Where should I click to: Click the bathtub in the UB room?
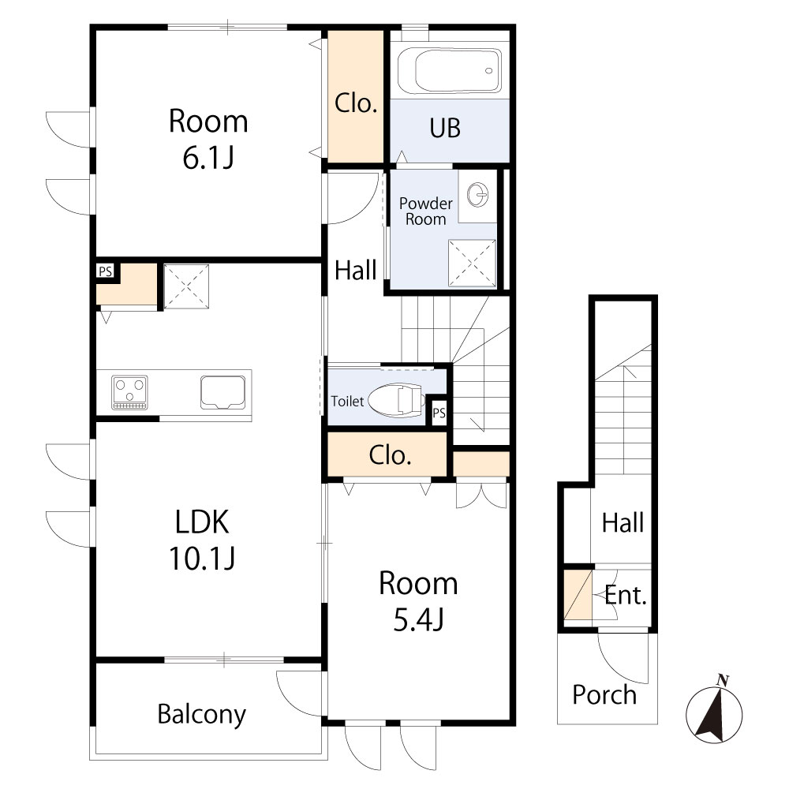pos(450,70)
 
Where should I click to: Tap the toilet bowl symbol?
pos(395,400)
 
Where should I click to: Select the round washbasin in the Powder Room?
pos(477,195)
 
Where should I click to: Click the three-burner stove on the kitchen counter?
pos(130,392)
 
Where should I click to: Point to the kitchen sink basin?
pos(223,392)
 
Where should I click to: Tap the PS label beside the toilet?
pos(439,413)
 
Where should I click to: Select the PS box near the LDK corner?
pos(106,271)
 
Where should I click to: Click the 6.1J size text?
pos(208,158)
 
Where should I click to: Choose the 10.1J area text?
pos(202,559)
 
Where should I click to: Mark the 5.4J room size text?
pos(419,620)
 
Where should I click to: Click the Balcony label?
pos(202,715)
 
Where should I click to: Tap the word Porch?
pos(604,695)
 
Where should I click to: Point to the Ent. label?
pos(626,595)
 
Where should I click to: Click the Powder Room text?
pos(426,211)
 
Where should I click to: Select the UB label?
pos(445,128)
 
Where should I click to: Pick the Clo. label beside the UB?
pos(356,103)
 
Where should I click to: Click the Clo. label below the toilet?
pos(390,455)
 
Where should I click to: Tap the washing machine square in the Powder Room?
pos(472,264)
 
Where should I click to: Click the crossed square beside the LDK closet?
pos(186,286)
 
